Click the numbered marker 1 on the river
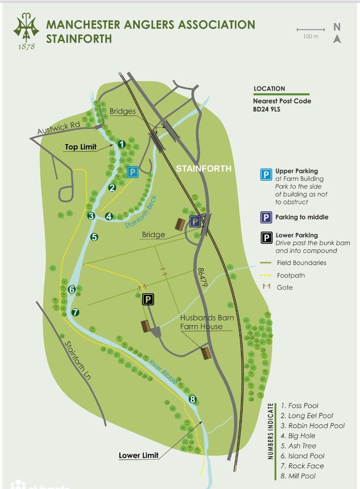point(121,144)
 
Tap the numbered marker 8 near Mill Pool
point(193,400)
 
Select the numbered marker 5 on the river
point(94,237)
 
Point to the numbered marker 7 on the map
point(75,312)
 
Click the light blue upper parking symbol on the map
point(132,172)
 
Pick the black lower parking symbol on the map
point(148,300)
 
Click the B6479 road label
point(202,278)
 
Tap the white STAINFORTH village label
point(203,169)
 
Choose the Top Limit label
point(81,147)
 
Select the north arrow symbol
point(337,34)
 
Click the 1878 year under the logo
point(26,47)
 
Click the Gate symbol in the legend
point(264,287)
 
